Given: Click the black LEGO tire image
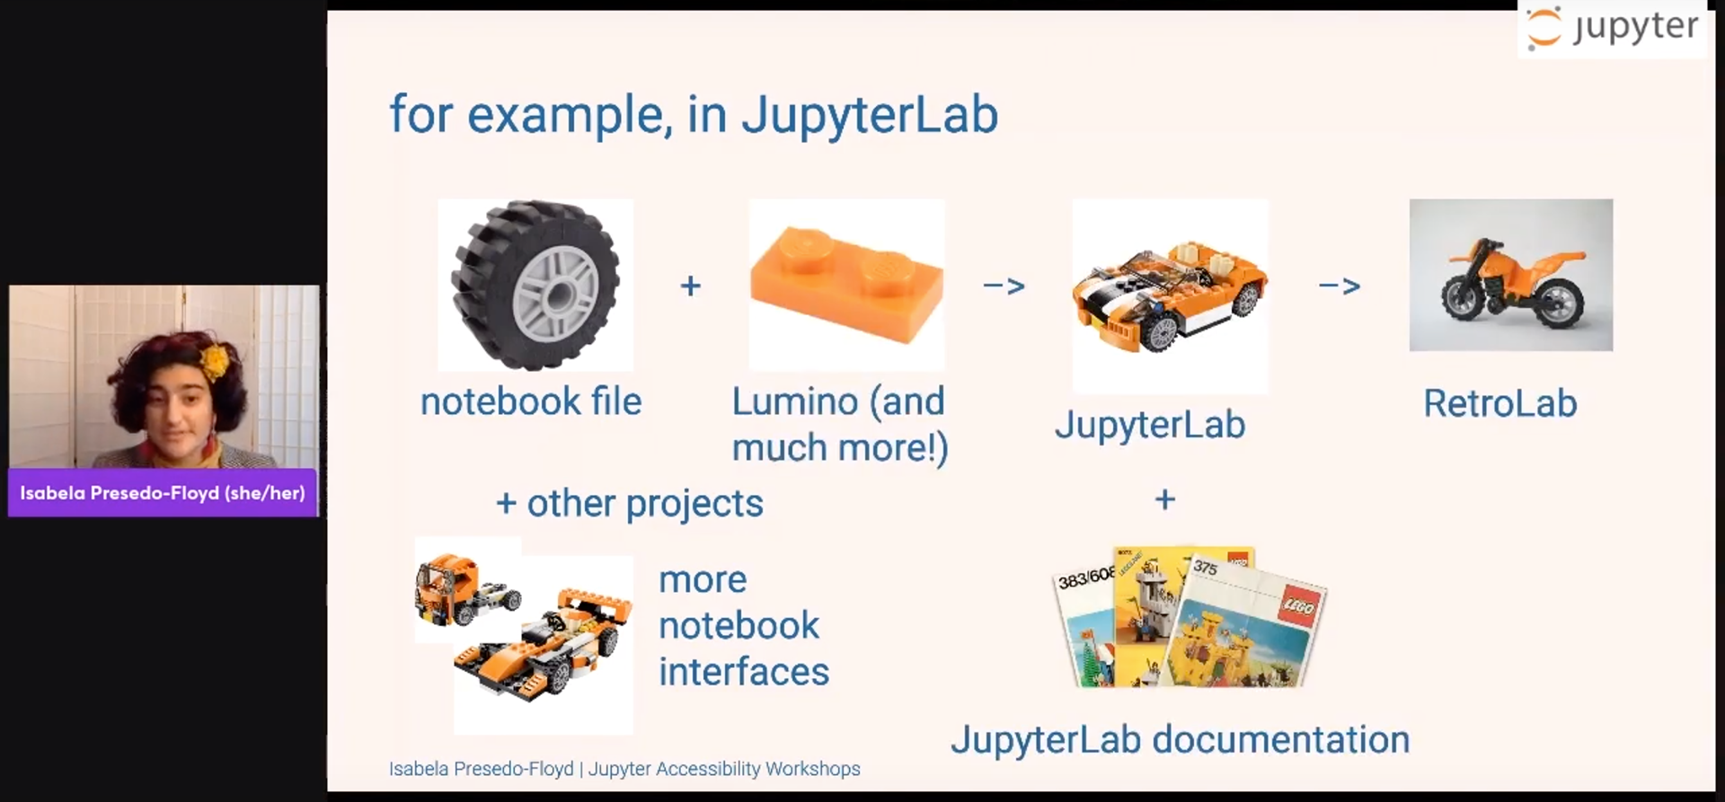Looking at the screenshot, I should click(x=535, y=285).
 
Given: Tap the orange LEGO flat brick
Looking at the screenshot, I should click(x=846, y=284).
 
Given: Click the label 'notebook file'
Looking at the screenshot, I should click(x=531, y=402).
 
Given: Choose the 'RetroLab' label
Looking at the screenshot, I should click(x=1499, y=404).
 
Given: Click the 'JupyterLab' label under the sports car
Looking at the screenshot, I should click(x=1150, y=425).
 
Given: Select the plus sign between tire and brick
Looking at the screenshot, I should click(x=690, y=286).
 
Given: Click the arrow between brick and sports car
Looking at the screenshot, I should click(x=1004, y=286).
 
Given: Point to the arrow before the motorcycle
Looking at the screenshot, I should click(x=1339, y=286).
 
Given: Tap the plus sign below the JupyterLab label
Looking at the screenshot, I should click(x=1164, y=499).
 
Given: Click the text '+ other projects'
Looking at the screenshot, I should click(x=629, y=504).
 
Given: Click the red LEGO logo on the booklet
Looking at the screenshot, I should click(x=1297, y=608).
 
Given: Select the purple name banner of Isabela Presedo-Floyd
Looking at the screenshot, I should click(x=163, y=493).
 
